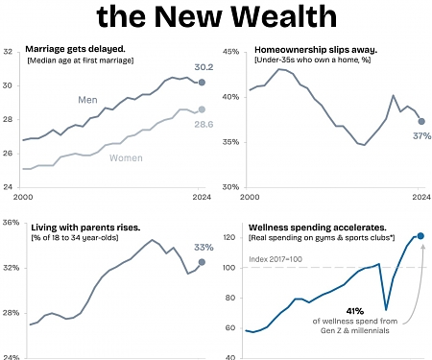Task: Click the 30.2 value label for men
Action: [x=204, y=67]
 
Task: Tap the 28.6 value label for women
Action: [x=204, y=124]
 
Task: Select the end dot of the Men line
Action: [x=202, y=83]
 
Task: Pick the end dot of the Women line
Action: [x=202, y=109]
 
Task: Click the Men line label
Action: [x=87, y=100]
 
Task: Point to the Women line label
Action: [x=126, y=158]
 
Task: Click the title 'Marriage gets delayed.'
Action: [x=75, y=49]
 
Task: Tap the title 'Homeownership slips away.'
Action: [x=316, y=50]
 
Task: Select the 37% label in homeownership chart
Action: [x=421, y=136]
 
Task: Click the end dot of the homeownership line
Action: [x=421, y=121]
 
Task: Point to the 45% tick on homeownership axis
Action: [x=230, y=52]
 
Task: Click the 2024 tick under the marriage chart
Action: [x=202, y=197]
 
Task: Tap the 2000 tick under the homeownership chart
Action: [x=250, y=197]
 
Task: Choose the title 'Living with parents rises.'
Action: [x=85, y=228]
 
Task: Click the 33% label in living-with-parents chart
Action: [x=204, y=248]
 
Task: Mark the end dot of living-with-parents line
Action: [x=202, y=262]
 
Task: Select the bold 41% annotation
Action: [x=355, y=311]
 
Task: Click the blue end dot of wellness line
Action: [x=420, y=236]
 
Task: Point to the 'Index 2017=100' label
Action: [x=276, y=259]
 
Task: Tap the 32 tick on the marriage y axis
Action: [x=8, y=52]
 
